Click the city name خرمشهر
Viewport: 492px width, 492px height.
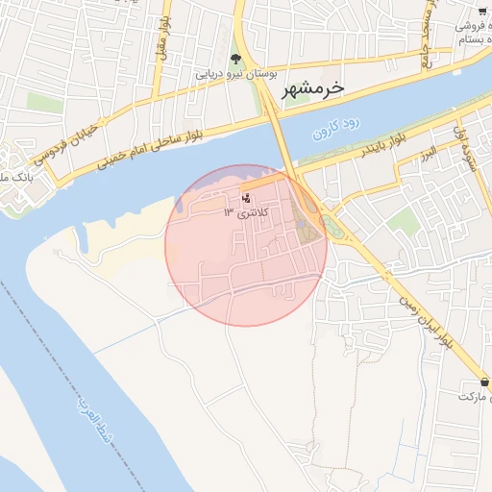coord(312,89)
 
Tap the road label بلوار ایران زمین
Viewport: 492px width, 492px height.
coord(423,318)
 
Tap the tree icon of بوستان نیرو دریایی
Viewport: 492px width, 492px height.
coord(236,59)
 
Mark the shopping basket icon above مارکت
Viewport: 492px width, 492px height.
coord(486,381)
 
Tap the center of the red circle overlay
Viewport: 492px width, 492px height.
coord(246,245)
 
